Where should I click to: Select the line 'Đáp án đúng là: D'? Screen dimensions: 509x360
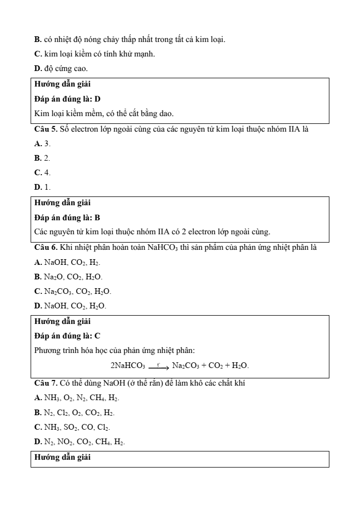[x=67, y=98]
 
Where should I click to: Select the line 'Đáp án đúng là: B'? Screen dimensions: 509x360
[x=67, y=217]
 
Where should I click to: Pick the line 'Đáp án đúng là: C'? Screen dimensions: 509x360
[x=67, y=336]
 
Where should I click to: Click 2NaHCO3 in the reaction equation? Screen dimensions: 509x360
[x=128, y=365]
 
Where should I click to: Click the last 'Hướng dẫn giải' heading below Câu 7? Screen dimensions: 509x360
[x=62, y=458]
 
